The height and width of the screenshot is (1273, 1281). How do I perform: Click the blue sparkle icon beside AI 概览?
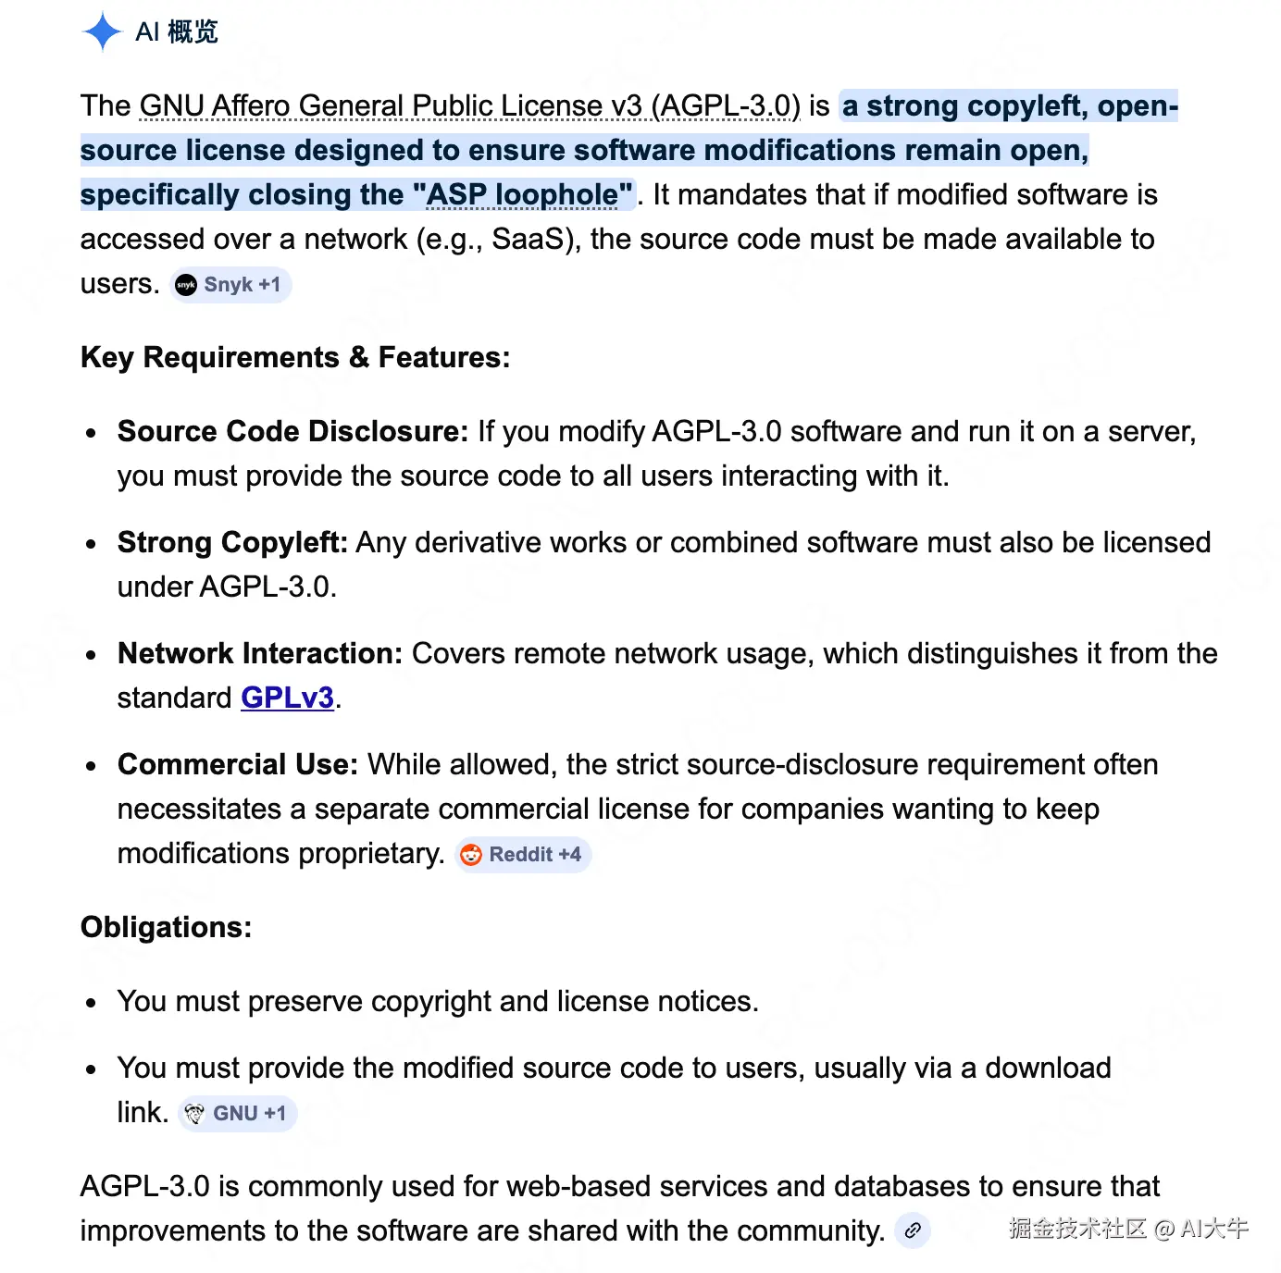pyautogui.click(x=102, y=32)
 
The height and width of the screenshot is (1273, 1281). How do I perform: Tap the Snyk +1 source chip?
pyautogui.click(x=230, y=285)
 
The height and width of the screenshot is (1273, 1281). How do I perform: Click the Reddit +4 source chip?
pyautogui.click(x=524, y=855)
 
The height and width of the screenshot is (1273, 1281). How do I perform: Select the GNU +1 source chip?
pyautogui.click(x=238, y=1114)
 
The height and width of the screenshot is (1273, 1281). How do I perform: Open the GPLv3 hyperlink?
pyautogui.click(x=287, y=698)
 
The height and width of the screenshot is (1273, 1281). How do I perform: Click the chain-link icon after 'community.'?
pyautogui.click(x=913, y=1230)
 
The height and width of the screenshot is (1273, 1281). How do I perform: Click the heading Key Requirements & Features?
pyautogui.click(x=295, y=358)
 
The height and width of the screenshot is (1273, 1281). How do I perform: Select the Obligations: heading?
pyautogui.click(x=166, y=928)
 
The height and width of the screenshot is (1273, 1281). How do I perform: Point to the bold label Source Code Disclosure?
pyautogui.click(x=292, y=432)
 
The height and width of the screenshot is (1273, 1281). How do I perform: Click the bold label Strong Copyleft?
pyautogui.click(x=232, y=543)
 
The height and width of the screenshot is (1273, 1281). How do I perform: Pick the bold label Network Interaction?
pyautogui.click(x=259, y=654)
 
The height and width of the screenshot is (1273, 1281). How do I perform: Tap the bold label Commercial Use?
pyautogui.click(x=237, y=765)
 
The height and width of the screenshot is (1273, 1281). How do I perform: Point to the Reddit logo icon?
pyautogui.click(x=471, y=855)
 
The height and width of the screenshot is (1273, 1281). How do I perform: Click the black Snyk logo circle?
pyautogui.click(x=186, y=285)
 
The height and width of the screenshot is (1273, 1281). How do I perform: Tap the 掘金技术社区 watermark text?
pyautogui.click(x=1077, y=1229)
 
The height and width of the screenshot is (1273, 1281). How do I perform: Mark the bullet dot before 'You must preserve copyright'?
pyautogui.click(x=91, y=1003)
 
